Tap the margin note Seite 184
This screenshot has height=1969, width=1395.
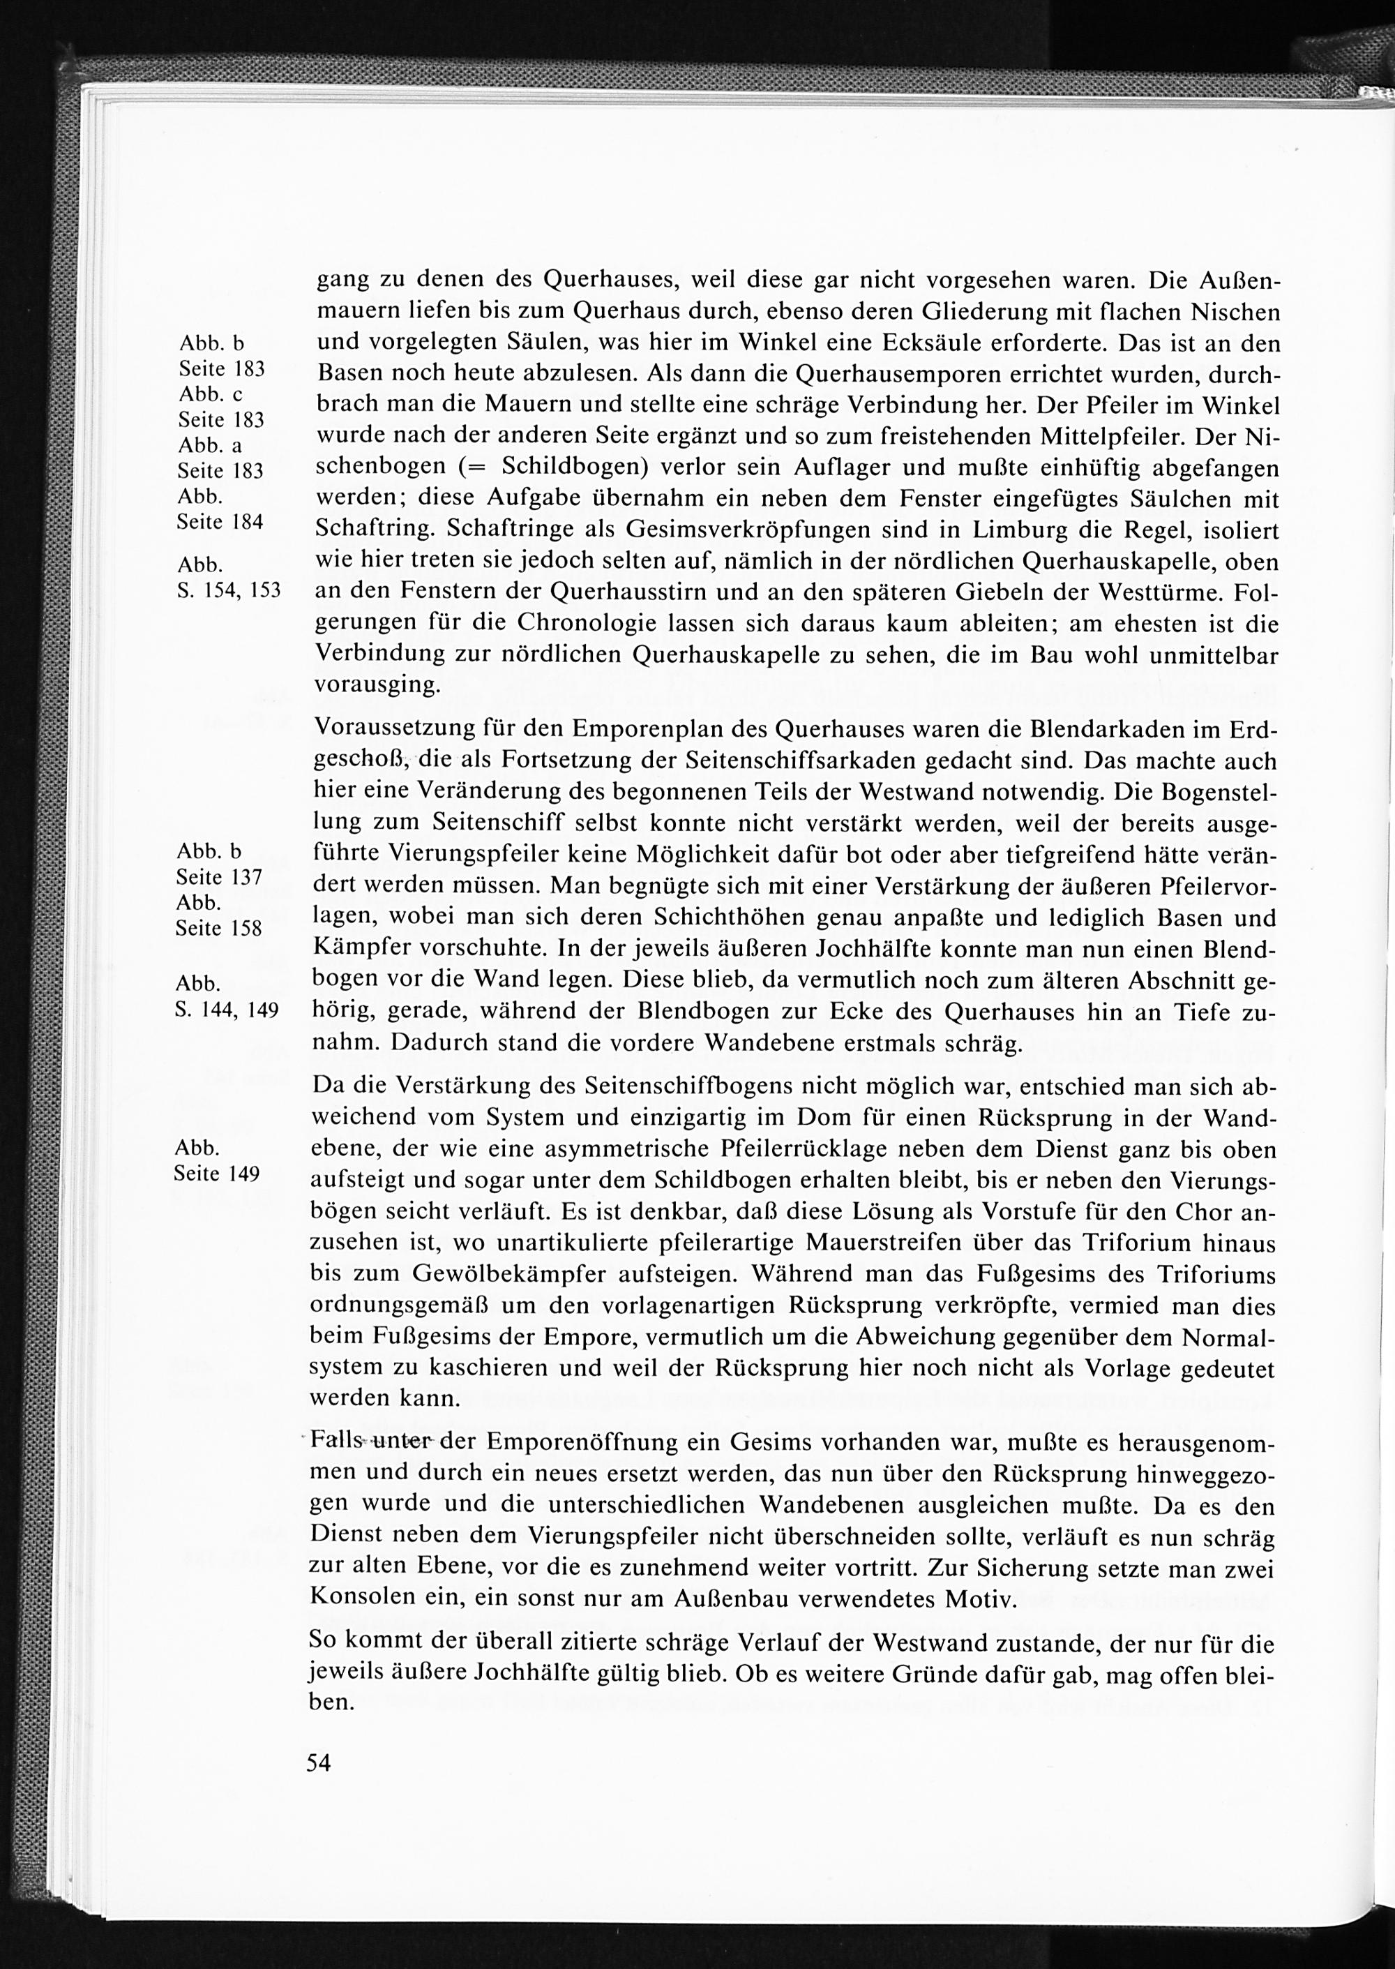click(x=220, y=523)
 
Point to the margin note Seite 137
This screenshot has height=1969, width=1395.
click(x=218, y=877)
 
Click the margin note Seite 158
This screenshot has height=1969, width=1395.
click(x=218, y=929)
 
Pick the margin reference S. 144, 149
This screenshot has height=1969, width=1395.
click(x=227, y=1010)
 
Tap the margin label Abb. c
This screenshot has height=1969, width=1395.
click(x=211, y=394)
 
